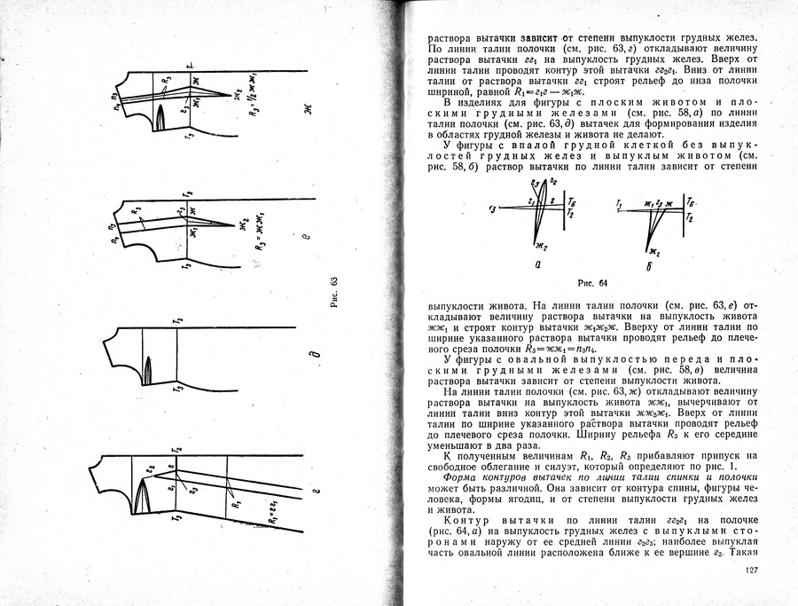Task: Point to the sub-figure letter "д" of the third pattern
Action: [x=312, y=358]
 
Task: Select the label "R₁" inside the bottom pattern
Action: [x=235, y=503]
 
